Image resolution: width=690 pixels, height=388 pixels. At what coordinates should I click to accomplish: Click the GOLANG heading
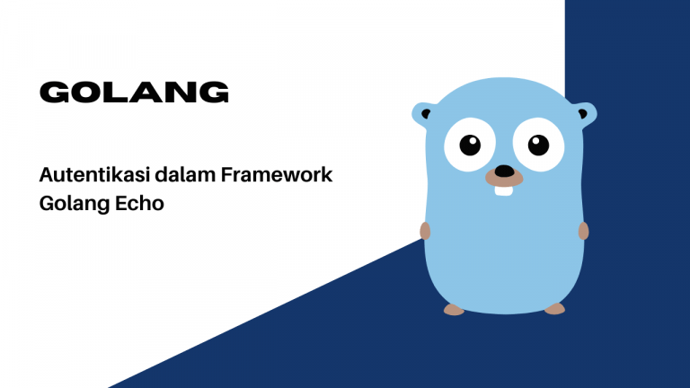point(134,92)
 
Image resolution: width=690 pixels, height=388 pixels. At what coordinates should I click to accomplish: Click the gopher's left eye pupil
point(469,144)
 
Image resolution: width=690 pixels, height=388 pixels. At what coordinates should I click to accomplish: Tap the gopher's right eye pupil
point(537,144)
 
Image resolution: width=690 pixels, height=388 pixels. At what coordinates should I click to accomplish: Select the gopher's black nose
point(505,170)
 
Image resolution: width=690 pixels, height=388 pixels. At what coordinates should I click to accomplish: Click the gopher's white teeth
point(505,189)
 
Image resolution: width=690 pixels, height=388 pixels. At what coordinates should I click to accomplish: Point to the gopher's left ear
point(423,114)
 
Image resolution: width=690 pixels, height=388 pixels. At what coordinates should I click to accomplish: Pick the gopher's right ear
point(585,114)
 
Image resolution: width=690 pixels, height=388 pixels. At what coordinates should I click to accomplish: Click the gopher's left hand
point(426,231)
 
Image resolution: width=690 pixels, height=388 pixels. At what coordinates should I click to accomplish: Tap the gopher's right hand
point(583,231)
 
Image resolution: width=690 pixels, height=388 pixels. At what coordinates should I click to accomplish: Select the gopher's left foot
point(455,309)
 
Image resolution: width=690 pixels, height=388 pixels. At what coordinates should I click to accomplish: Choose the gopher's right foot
point(555,309)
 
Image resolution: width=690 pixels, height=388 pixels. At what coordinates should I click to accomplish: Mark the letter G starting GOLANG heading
point(53,92)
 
